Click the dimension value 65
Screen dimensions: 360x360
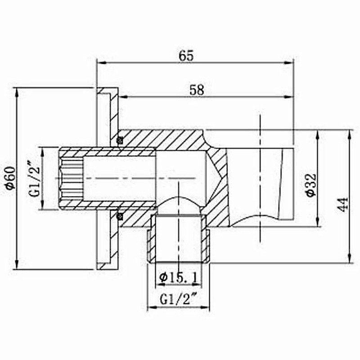tap(186, 56)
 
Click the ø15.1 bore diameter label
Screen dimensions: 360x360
tap(178, 278)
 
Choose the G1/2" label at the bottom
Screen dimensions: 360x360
tap(178, 298)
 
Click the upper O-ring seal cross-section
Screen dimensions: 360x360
tap(120, 140)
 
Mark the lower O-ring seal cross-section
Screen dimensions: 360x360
tap(120, 216)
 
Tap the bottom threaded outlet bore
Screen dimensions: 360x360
tap(178, 238)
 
